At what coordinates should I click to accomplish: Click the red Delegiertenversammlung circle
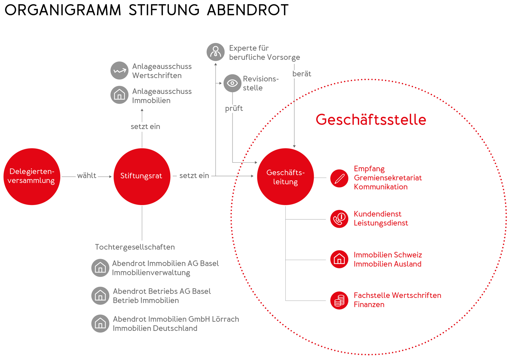(x=32, y=176)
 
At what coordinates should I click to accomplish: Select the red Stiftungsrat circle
(x=142, y=176)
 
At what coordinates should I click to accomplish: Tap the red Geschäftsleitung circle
(x=285, y=176)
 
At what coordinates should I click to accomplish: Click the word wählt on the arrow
(x=87, y=176)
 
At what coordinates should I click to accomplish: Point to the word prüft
(x=234, y=109)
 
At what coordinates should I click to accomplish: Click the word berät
(x=302, y=74)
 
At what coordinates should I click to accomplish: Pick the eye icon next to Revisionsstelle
(x=232, y=83)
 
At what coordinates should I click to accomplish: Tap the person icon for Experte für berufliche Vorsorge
(x=215, y=52)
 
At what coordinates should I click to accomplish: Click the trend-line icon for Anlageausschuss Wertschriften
(x=120, y=70)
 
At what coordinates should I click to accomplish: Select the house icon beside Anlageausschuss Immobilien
(x=120, y=95)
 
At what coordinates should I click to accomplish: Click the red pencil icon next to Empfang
(x=339, y=178)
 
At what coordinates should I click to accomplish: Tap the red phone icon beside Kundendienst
(x=339, y=219)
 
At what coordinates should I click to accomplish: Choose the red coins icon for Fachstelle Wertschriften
(x=339, y=300)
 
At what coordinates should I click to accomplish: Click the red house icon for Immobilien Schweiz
(x=339, y=259)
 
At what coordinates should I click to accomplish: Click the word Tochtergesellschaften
(x=135, y=247)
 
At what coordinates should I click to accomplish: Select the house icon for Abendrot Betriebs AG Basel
(x=101, y=296)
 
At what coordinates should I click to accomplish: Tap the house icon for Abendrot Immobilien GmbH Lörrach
(x=101, y=323)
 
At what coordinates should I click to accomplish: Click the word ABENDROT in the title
(x=248, y=10)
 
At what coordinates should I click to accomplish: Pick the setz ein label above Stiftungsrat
(x=145, y=126)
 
